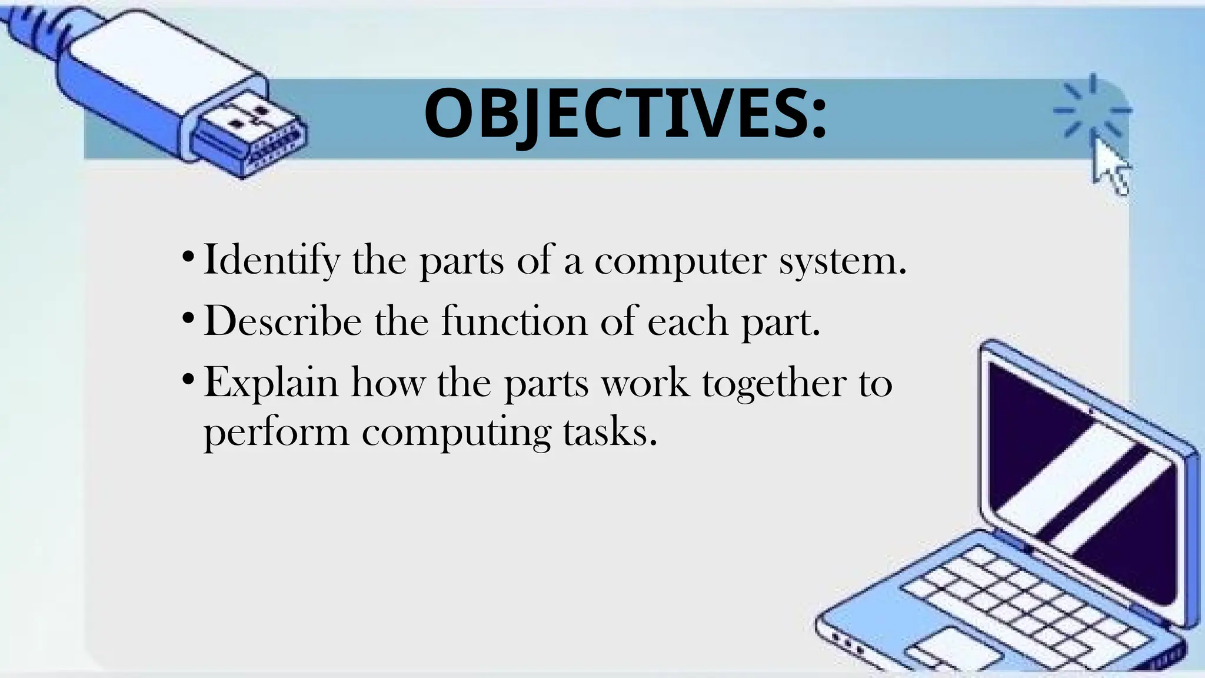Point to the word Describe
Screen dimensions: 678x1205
[x=282, y=321]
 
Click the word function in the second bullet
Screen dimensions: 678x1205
[x=514, y=321]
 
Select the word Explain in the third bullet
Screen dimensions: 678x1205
[x=271, y=383]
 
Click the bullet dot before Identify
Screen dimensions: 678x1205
[x=188, y=257]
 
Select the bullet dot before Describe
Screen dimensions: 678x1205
[x=188, y=318]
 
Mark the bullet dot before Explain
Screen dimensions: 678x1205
[x=188, y=380]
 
